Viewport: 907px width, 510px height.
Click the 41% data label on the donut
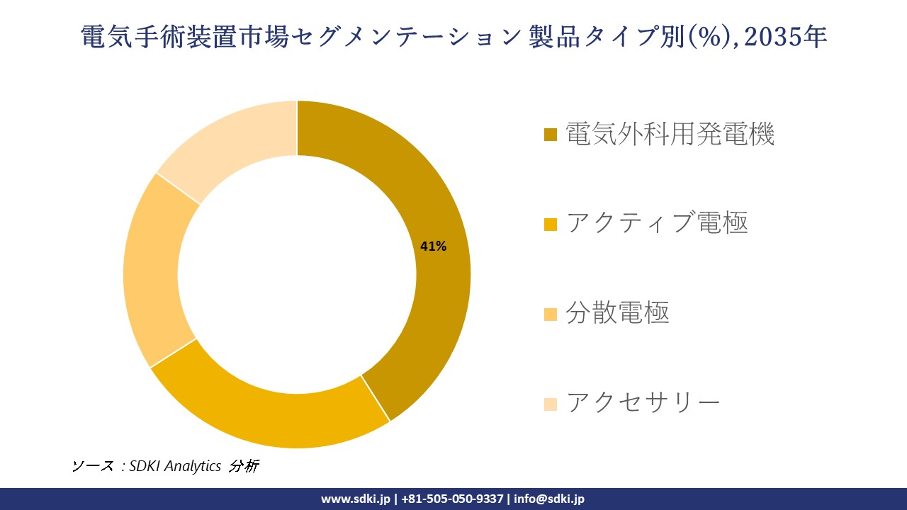pos(433,246)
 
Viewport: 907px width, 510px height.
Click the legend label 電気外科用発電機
pos(670,134)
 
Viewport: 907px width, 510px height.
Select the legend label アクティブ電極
pos(657,223)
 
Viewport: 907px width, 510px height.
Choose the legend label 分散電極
pos(617,312)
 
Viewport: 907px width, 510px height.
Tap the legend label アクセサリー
pos(643,402)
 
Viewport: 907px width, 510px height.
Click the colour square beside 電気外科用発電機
pos(551,135)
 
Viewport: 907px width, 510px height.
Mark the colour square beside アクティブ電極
pos(551,225)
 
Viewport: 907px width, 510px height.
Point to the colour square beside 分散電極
pos(551,314)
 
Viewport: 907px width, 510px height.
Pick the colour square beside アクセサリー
pos(551,404)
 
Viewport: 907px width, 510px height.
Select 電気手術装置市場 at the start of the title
pos(185,37)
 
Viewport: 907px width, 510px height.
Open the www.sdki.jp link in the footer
pos(355,499)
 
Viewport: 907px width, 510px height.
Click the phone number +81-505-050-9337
pos(452,499)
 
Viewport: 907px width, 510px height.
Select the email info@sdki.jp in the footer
pos(549,499)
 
